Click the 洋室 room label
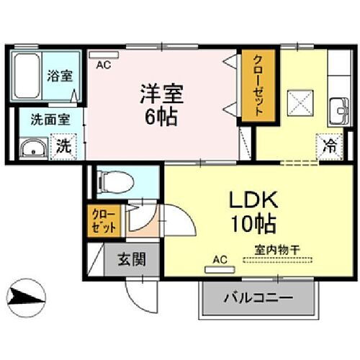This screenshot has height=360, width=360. point(163,94)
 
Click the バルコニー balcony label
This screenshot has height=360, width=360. point(257,297)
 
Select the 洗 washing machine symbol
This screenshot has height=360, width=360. point(63,147)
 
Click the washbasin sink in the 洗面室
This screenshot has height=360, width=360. point(32,150)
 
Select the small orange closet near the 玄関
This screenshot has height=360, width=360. point(102,221)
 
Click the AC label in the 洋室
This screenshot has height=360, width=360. point(102,65)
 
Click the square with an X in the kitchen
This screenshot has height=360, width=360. point(296,100)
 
